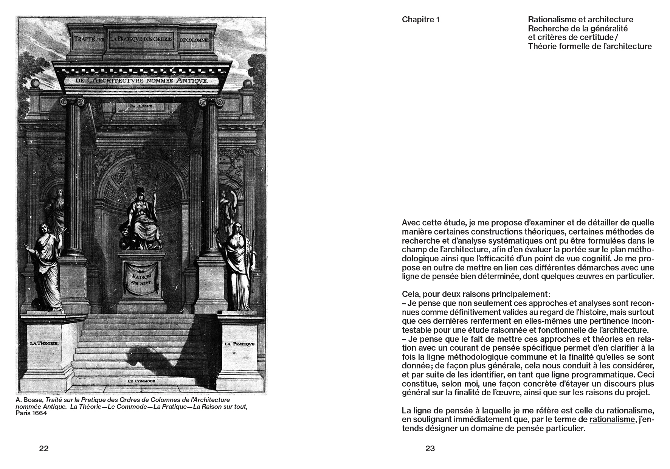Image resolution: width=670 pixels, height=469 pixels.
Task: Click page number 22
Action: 44,449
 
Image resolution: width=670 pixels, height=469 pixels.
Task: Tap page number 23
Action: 430,449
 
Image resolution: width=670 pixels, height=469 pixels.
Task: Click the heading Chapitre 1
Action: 420,20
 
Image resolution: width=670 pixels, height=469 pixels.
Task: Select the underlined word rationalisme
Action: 612,419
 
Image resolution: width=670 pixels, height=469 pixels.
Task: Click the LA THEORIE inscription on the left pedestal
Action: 44,343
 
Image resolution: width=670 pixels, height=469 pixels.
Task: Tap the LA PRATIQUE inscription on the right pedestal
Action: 240,344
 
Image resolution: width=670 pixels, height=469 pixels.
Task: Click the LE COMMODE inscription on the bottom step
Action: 142,381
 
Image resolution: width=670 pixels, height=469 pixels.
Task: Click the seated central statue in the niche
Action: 140,219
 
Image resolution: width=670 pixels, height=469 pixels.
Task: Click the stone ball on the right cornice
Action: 247,84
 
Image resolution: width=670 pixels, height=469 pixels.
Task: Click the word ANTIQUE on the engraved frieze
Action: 191,81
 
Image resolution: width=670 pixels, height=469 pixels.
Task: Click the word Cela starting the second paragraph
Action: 410,294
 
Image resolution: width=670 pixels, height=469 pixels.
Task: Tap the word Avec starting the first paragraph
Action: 411,222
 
